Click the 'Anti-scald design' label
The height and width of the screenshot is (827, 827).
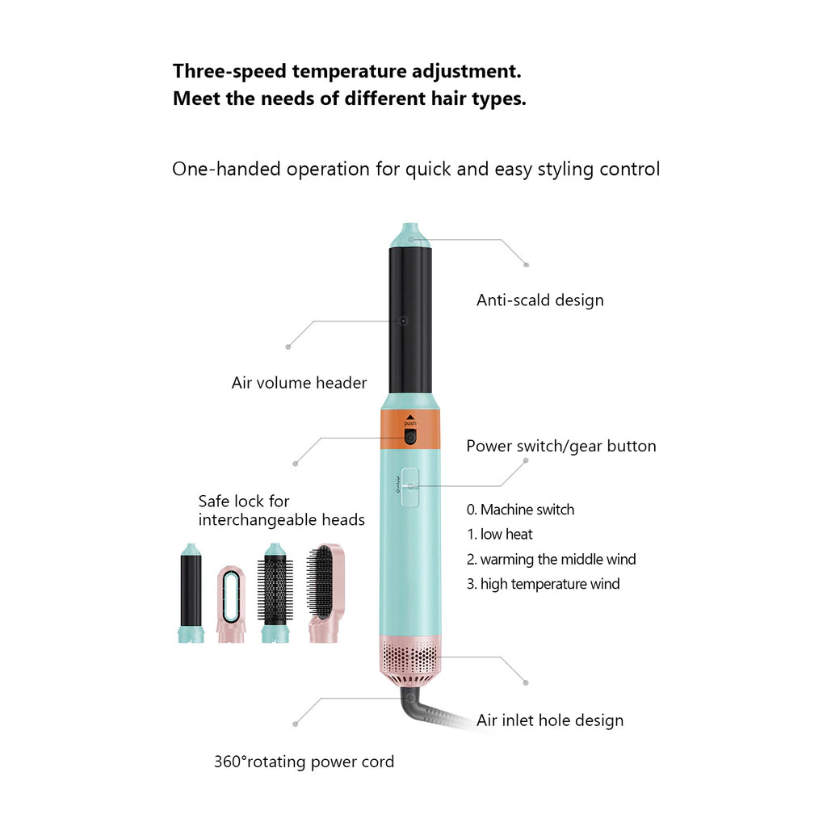540,300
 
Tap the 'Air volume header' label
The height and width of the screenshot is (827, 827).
299,383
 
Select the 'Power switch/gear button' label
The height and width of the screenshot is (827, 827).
561,446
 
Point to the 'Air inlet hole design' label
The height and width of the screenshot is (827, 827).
550,720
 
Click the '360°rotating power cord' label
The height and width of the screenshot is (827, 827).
304,762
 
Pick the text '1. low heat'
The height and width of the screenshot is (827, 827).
499,535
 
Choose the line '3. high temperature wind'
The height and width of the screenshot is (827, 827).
544,584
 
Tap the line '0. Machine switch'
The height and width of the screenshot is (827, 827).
521,510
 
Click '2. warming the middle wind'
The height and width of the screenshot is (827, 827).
551,559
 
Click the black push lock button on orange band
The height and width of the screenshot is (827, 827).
409,436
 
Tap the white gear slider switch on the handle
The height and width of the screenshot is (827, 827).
410,487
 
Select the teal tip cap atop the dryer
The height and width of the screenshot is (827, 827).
410,236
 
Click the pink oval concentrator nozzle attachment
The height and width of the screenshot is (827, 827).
231,604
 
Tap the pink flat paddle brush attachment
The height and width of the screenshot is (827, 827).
325,594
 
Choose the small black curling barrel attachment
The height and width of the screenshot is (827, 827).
191,594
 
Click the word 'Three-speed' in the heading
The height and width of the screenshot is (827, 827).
229,72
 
